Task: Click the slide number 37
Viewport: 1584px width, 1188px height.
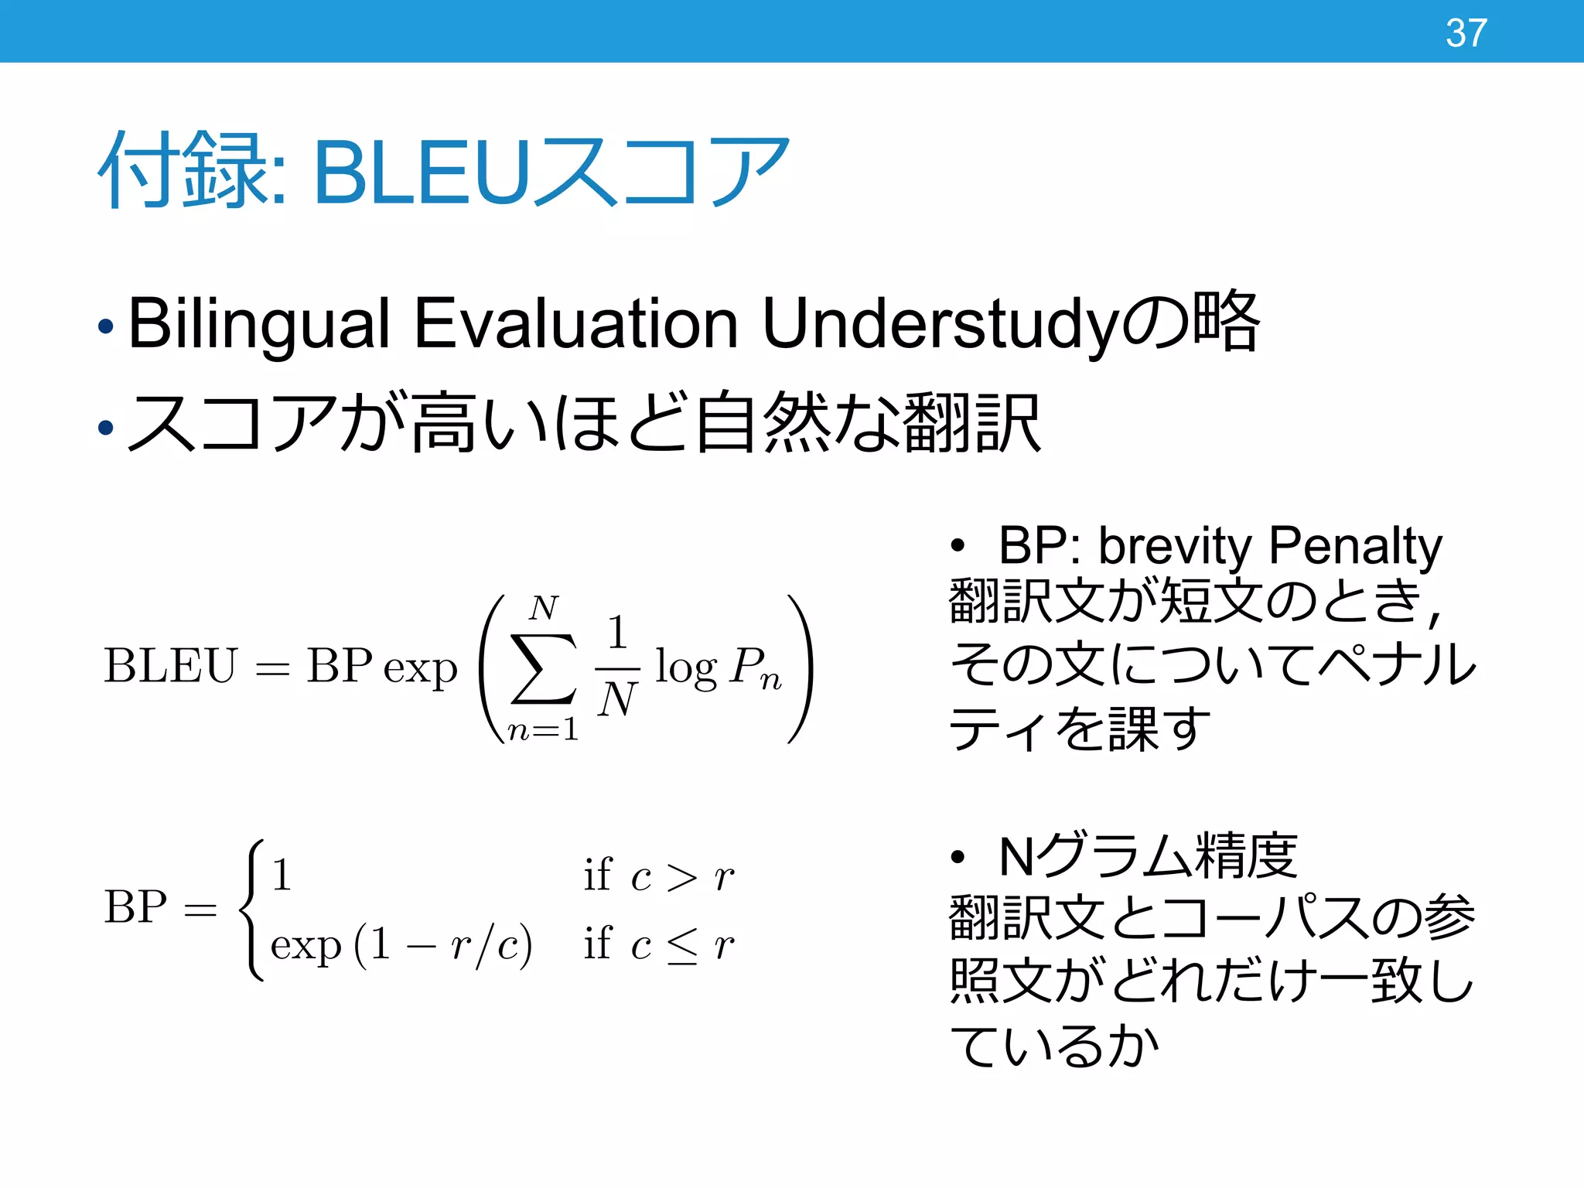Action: pyautogui.click(x=1466, y=33)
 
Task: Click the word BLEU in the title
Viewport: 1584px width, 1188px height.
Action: pyautogui.click(x=422, y=172)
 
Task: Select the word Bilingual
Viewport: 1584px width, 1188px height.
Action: pyautogui.click(x=258, y=325)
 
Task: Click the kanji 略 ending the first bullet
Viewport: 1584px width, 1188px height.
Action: pyautogui.click(x=1227, y=320)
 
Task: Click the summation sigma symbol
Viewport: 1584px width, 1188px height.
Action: pyautogui.click(x=543, y=668)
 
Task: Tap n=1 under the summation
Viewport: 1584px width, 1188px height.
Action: pyautogui.click(x=542, y=729)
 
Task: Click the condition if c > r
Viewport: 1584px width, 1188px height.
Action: pyautogui.click(x=658, y=876)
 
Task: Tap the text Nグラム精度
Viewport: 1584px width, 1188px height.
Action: pyautogui.click(x=1148, y=856)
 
